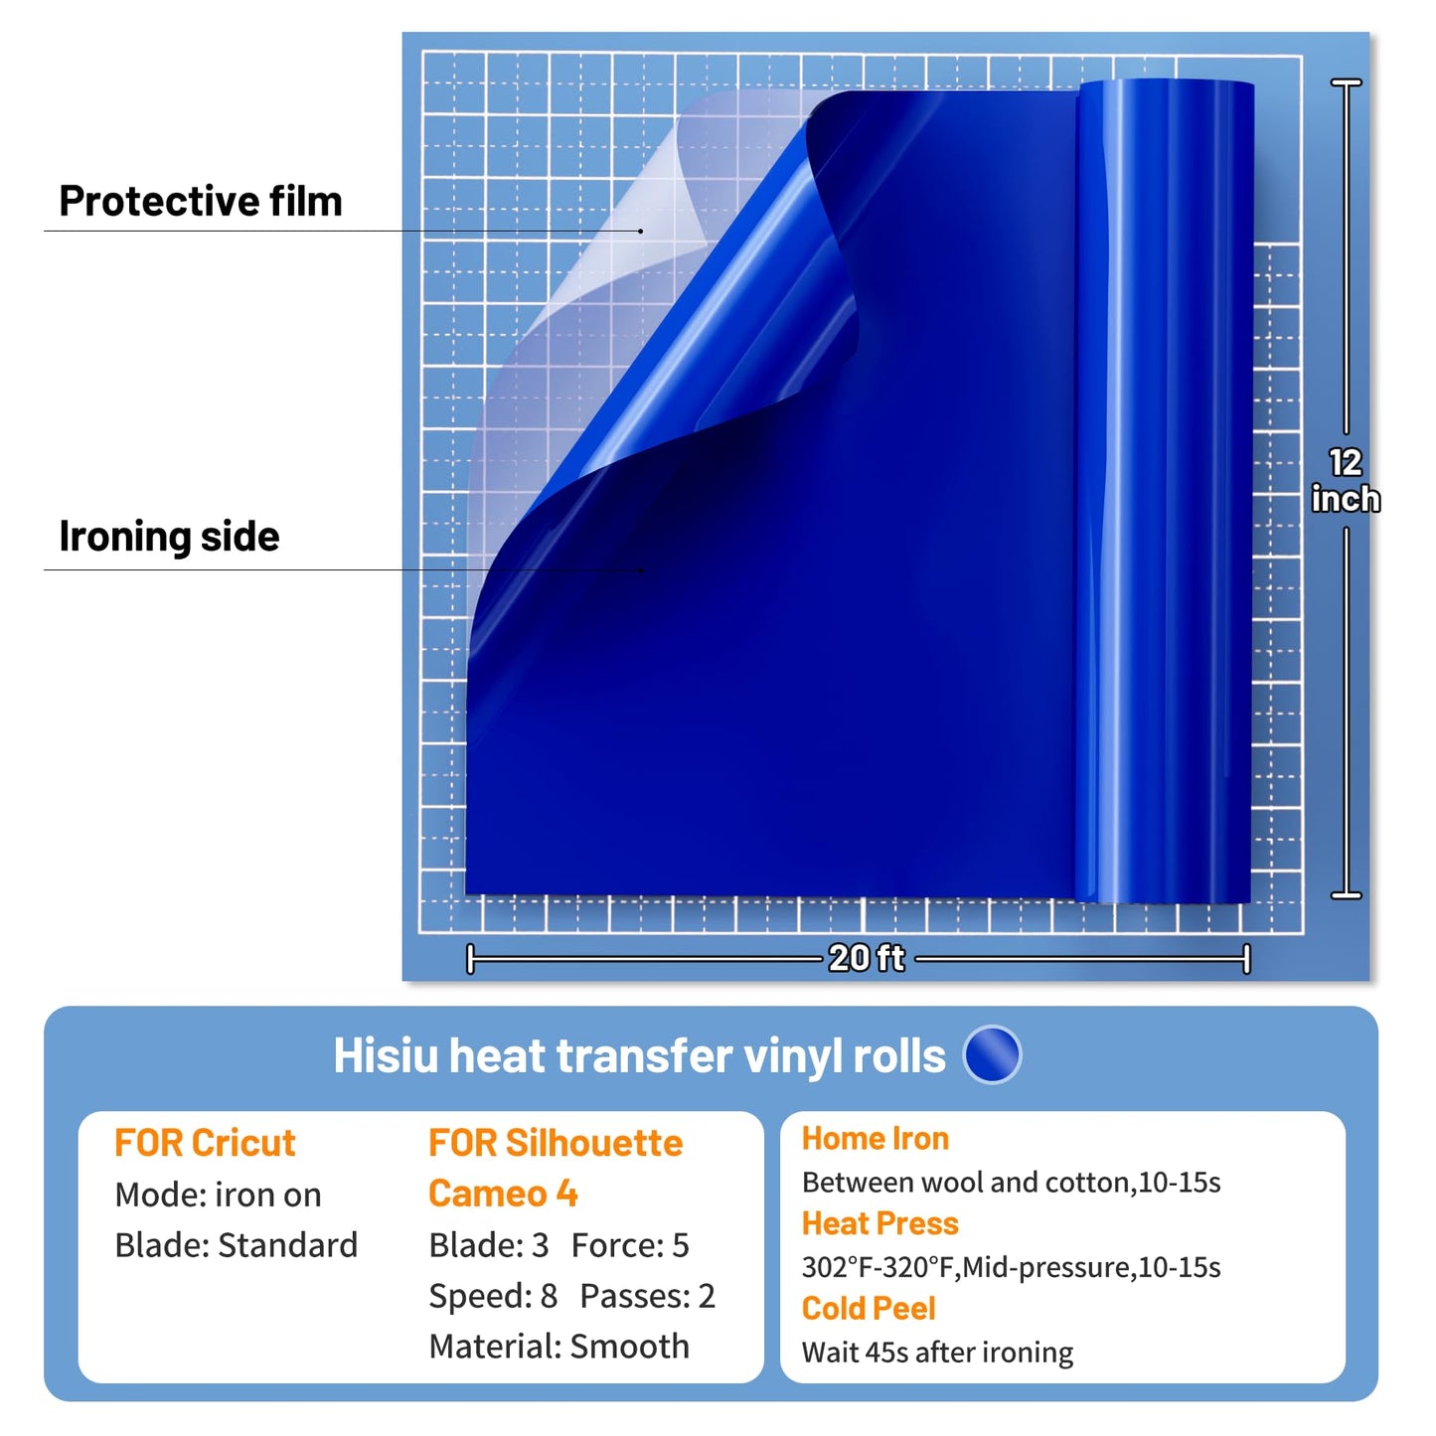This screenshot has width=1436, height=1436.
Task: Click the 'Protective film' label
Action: pos(201,201)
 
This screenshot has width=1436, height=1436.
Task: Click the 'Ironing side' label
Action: pos(169,537)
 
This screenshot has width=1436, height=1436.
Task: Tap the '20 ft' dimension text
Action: pos(867,958)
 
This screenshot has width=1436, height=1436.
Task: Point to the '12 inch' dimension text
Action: pos(1346,481)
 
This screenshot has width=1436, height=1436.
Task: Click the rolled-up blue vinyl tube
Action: pos(1164,491)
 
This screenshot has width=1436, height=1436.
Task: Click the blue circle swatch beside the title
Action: pos(992,1054)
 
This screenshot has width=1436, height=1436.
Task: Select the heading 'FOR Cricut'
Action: pos(205,1143)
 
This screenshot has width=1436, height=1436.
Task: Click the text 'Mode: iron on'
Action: pos(218,1195)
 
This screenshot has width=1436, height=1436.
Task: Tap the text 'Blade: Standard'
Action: pos(237,1245)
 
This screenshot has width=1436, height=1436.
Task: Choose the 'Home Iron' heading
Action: pos(875,1138)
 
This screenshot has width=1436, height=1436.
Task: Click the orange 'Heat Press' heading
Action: pos(880,1223)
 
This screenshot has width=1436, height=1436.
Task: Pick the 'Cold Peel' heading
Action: pos(869,1308)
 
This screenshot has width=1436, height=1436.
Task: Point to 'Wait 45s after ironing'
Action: pos(937,1352)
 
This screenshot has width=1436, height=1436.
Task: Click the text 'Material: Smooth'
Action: pos(558,1347)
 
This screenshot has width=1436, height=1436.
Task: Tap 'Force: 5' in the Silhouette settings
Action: pos(630,1245)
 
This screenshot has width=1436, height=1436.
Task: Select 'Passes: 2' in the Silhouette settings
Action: pos(648,1296)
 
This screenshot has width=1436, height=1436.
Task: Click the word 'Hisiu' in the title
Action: pos(386,1056)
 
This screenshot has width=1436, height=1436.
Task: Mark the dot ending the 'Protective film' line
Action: pos(640,231)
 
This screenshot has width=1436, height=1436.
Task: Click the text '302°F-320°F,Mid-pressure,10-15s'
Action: pos(1012,1267)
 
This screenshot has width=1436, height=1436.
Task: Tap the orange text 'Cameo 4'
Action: pos(503,1194)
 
